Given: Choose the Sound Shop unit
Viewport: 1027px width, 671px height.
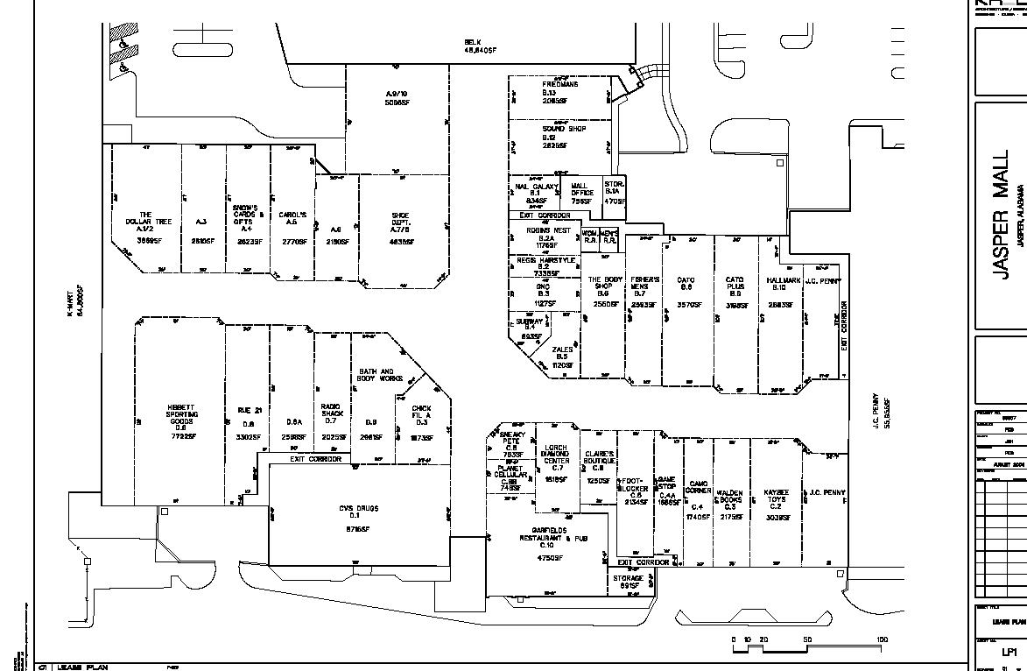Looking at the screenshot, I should tap(563, 137).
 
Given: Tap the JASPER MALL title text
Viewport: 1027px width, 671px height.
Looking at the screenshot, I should tap(1000, 215).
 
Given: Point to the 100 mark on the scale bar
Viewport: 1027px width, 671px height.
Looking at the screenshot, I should tap(882, 640).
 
